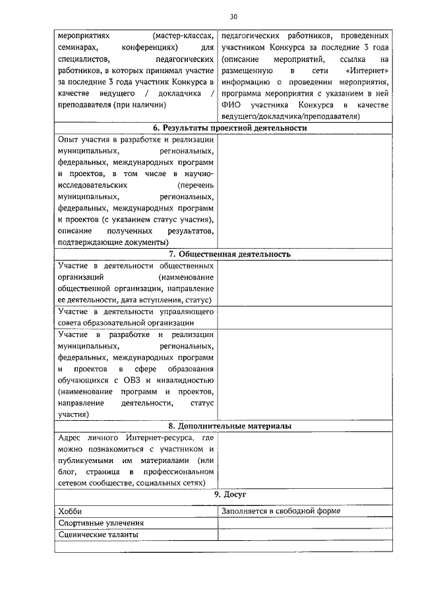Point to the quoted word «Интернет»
[367, 70]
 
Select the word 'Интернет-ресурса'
[162, 438]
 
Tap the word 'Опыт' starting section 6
[69, 140]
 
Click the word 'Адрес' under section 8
[71, 438]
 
